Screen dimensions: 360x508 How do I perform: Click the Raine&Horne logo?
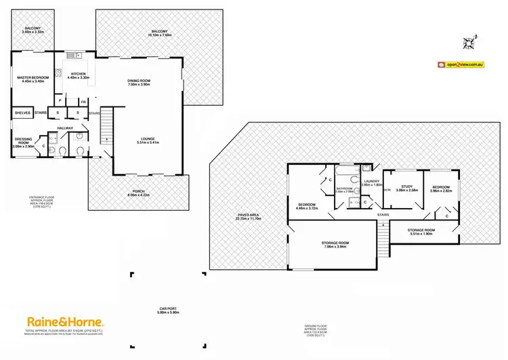(64, 321)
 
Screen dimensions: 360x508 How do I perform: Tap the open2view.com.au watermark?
(461, 64)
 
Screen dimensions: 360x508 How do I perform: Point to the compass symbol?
(467, 44)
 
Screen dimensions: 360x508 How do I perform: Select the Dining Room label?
(138, 82)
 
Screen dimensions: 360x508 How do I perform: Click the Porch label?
(137, 193)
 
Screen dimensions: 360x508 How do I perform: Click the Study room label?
(407, 188)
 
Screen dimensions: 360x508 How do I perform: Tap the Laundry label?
(373, 182)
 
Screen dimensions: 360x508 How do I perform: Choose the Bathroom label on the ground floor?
(345, 190)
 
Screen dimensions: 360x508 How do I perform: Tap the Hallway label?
(65, 127)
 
